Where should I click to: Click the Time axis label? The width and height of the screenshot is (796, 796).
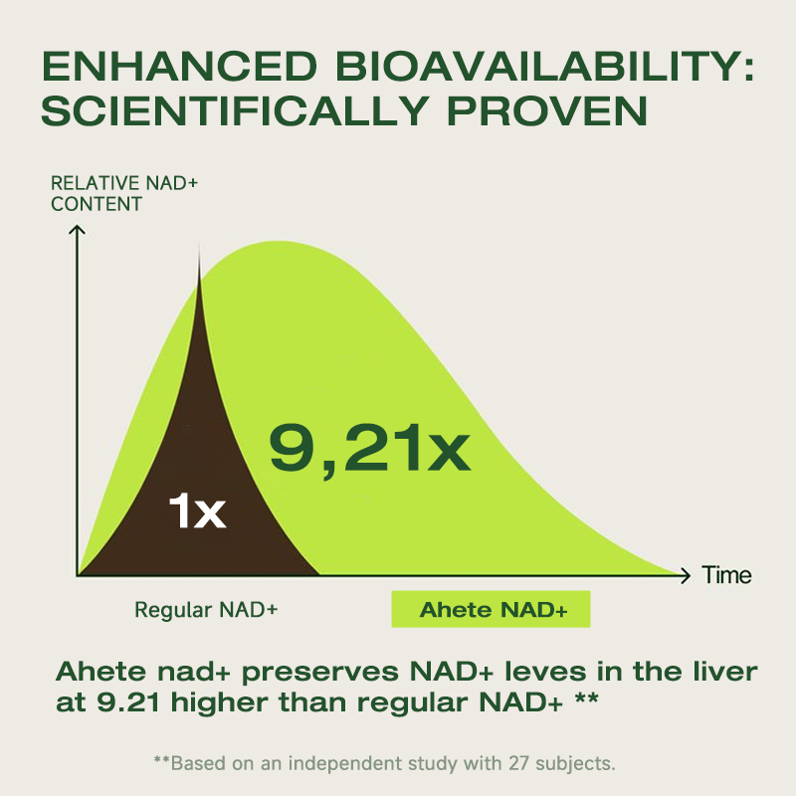point(726,575)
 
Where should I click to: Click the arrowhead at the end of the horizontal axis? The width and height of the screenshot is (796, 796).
point(685,575)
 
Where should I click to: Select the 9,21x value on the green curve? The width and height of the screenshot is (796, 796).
point(369,449)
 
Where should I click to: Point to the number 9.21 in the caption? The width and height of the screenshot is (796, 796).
point(130,702)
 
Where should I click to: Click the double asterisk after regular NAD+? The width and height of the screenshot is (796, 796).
point(587,699)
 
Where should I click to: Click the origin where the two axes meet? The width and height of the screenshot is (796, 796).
point(78,575)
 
